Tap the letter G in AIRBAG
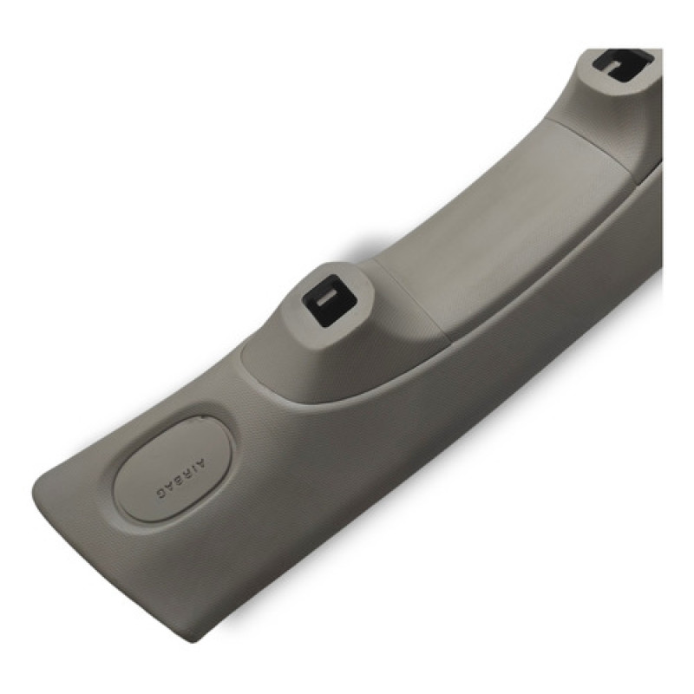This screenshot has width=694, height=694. tap(160, 494)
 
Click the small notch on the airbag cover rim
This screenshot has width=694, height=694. tap(200, 416)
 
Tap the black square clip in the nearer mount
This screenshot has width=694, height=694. tap(326, 302)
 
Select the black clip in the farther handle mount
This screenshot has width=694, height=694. tap(623, 66)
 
